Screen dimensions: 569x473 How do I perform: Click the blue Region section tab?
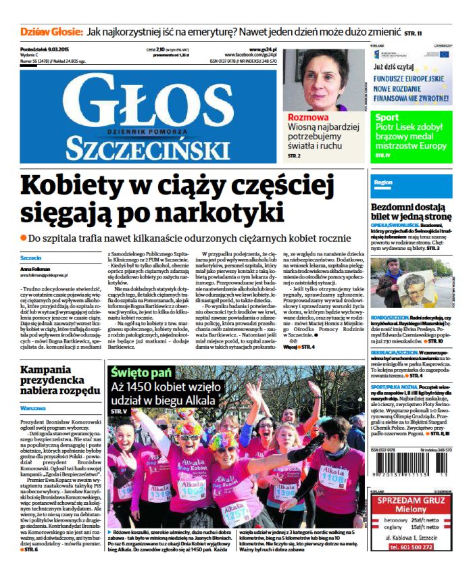pyautogui.click(x=382, y=182)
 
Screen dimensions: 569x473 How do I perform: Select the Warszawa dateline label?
pyautogui.click(x=33, y=409)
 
